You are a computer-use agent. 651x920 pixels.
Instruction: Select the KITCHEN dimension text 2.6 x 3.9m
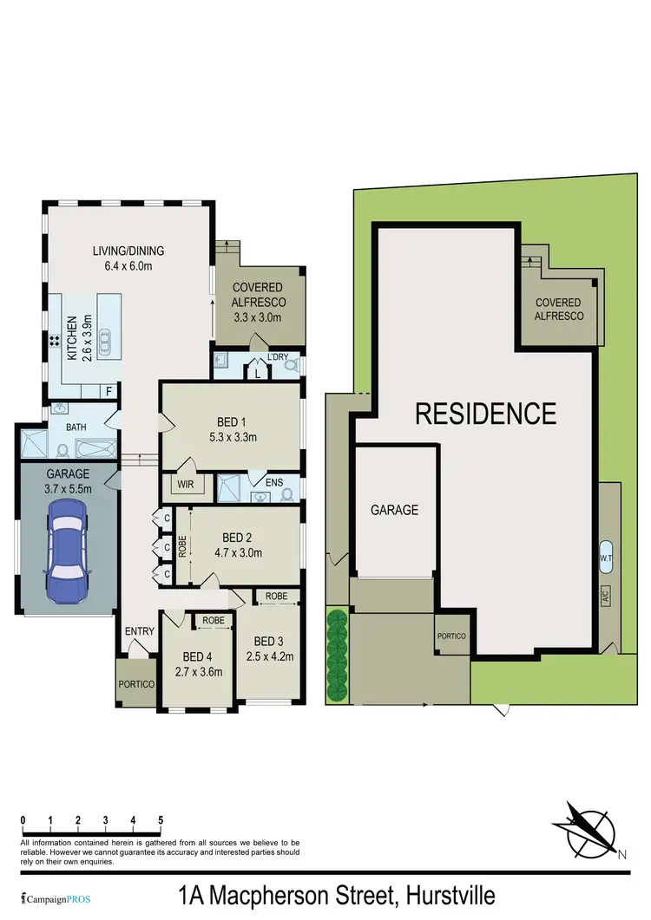point(87,337)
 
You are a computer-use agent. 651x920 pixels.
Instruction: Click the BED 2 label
point(238,537)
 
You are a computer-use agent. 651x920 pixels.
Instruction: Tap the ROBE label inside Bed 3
point(276,597)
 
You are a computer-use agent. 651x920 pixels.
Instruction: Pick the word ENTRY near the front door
point(140,631)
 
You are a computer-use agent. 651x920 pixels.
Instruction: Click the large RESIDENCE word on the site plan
point(485,414)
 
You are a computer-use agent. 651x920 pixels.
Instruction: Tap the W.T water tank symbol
point(606,557)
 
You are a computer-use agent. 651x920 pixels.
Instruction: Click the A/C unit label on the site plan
point(606,597)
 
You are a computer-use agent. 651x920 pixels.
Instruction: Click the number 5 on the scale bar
point(161,819)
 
